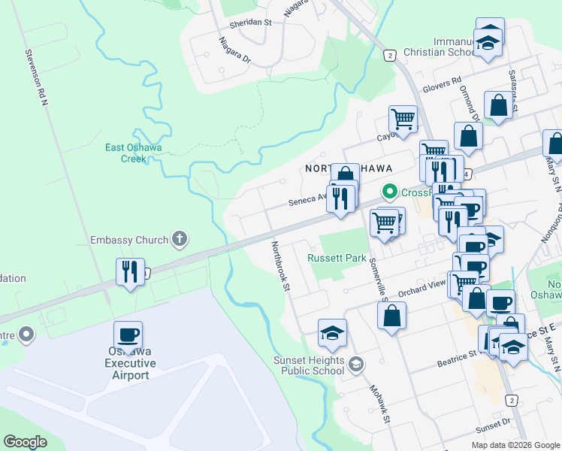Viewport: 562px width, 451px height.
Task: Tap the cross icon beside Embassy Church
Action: tap(179, 240)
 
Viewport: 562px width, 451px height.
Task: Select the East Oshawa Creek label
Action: tap(134, 153)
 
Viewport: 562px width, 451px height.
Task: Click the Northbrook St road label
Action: tap(280, 264)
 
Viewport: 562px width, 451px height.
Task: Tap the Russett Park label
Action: tap(337, 258)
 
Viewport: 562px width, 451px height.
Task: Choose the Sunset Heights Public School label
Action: tap(308, 365)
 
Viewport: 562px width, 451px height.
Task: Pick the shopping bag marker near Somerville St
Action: tap(392, 316)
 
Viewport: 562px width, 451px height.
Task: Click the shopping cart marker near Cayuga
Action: tap(403, 119)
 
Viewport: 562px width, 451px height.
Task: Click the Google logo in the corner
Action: tap(25, 442)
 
